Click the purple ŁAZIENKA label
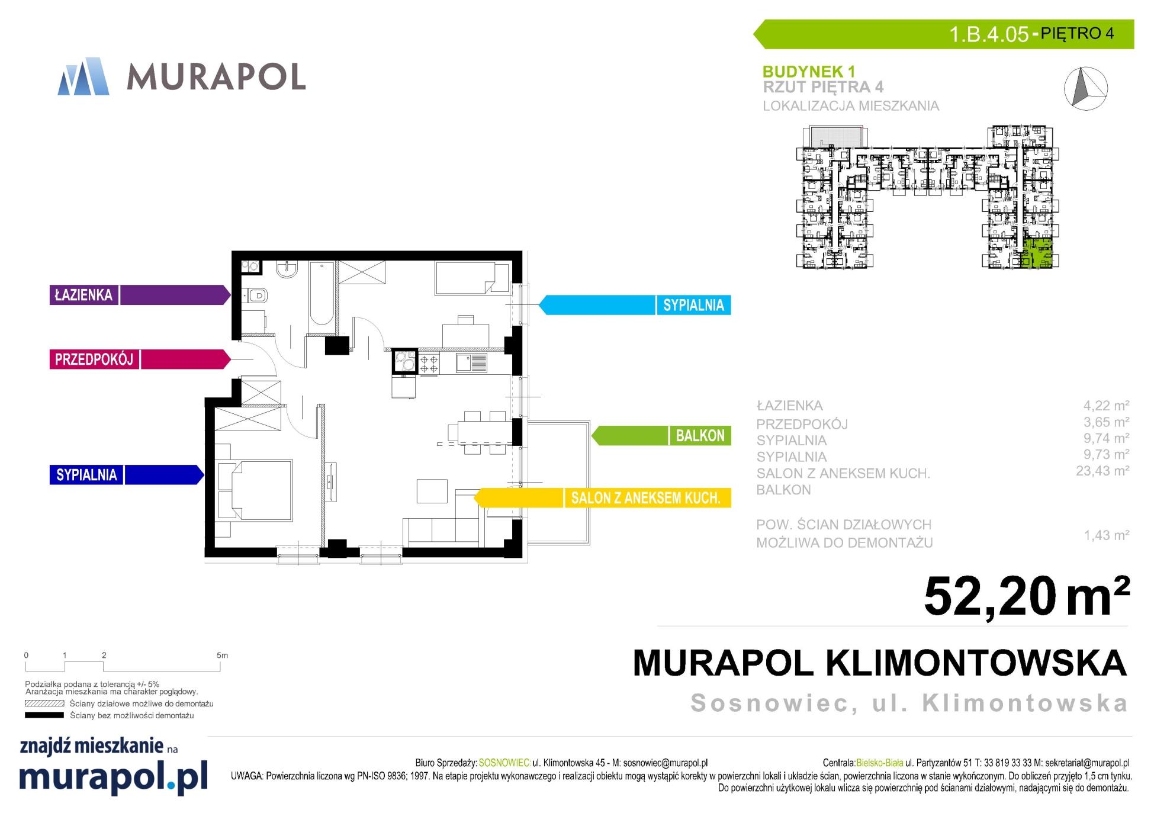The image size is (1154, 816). coord(83,295)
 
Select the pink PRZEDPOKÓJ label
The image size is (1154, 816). coord(94,359)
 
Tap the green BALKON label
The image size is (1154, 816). coord(700,436)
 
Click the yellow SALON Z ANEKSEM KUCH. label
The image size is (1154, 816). coord(646,498)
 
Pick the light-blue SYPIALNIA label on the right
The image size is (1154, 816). coord(693,305)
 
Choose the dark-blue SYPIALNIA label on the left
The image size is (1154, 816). coord(86,475)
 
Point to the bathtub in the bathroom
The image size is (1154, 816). coord(322,293)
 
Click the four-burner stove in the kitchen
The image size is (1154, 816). coord(429,363)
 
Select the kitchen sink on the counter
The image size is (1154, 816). coord(471,363)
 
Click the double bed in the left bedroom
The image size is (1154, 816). coord(255,490)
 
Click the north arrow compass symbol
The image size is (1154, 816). coord(1086,88)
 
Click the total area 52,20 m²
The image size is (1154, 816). coord(1027,596)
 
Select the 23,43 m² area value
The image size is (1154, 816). coord(1102,471)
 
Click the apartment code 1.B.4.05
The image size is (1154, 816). coord(989,34)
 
